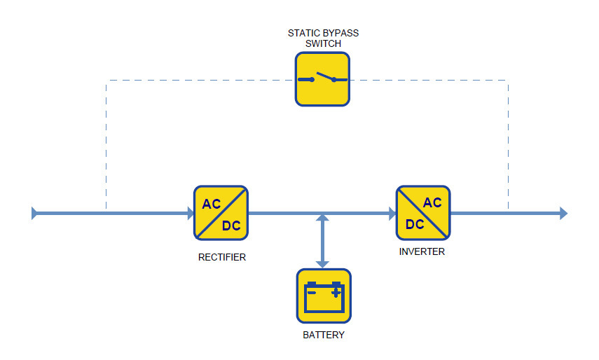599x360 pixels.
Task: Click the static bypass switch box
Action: coord(322,79)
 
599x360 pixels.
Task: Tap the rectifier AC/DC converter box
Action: coord(221,213)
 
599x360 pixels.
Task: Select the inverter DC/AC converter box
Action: coord(423,213)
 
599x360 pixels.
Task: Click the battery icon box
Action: coord(324,296)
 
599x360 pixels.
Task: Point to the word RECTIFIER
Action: coord(222,257)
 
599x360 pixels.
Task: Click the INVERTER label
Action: coord(422,251)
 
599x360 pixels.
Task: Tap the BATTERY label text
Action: coord(324,335)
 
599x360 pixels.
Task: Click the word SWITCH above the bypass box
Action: coord(323,43)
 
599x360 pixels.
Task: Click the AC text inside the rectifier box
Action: coord(212,204)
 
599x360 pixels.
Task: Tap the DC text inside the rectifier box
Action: coord(231,226)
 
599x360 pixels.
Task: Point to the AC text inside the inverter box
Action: coord(432,202)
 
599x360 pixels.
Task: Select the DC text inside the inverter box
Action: coord(415,224)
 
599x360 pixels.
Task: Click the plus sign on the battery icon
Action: coord(336,293)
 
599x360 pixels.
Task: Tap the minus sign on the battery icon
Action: coord(312,293)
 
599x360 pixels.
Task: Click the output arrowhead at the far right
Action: coord(563,213)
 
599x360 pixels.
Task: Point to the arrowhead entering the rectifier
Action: coord(191,213)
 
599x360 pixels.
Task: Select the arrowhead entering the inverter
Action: coord(392,213)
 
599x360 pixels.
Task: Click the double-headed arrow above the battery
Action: coord(322,241)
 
